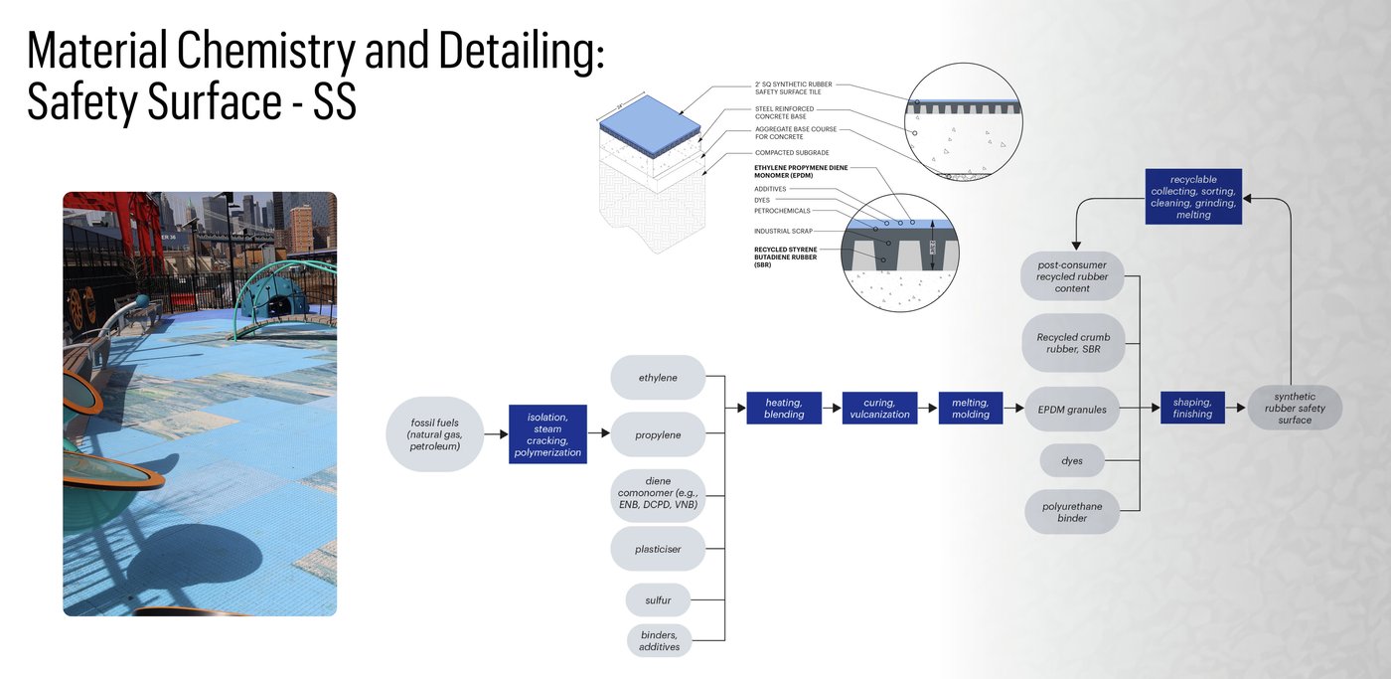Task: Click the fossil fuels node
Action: click(435, 434)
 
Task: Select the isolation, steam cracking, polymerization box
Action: click(547, 434)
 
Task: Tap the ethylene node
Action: click(658, 378)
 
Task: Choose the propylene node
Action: click(658, 434)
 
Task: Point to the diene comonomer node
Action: click(658, 494)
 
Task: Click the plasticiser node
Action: click(658, 549)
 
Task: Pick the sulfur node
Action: click(658, 600)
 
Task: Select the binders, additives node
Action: click(659, 640)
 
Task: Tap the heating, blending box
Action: click(784, 408)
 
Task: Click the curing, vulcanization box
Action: click(880, 408)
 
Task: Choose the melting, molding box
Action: click(971, 408)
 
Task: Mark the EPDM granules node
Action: click(1072, 409)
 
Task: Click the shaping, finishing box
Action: click(1192, 408)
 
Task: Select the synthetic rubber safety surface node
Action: click(1295, 408)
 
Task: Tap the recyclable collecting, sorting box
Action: click(1193, 197)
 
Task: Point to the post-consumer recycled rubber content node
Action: click(1072, 275)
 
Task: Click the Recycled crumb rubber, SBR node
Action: click(1072, 343)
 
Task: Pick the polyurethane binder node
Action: click(1072, 512)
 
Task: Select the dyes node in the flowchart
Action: click(1072, 461)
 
